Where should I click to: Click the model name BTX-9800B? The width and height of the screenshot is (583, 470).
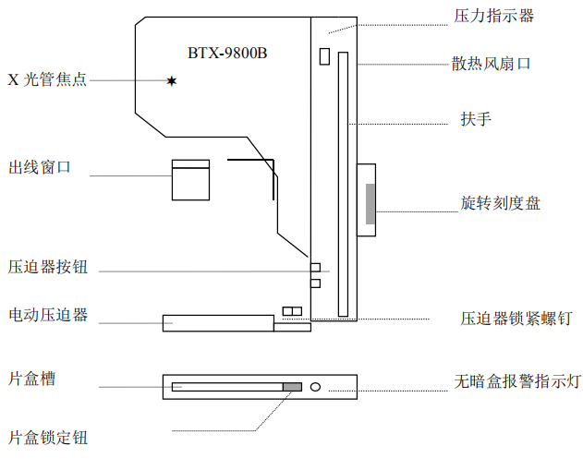[x=228, y=53]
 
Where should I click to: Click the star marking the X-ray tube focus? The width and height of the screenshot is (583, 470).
[x=171, y=81]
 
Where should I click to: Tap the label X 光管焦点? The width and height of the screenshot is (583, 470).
[x=47, y=80]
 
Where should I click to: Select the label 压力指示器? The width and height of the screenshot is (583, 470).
[x=493, y=16]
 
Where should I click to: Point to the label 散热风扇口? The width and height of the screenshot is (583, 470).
[x=492, y=64]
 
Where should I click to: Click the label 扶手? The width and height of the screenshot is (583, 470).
[x=475, y=119]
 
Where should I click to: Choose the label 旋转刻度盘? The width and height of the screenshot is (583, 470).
[x=500, y=203]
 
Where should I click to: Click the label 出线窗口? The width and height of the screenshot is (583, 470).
[x=40, y=167]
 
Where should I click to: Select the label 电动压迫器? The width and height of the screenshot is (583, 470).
[x=48, y=315]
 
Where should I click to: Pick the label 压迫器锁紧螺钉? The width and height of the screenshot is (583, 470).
[x=516, y=319]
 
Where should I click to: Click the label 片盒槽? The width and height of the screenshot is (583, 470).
[x=31, y=379]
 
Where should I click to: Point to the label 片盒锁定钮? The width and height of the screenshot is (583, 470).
[x=48, y=438]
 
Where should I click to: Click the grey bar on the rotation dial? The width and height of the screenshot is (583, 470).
[x=370, y=204]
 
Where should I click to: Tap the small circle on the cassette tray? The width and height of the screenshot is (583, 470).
[x=316, y=386]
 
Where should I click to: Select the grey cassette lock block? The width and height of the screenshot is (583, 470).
[x=292, y=386]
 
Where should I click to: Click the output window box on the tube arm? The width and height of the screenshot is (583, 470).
[x=191, y=179]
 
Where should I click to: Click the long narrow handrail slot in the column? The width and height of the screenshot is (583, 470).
[x=344, y=185]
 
